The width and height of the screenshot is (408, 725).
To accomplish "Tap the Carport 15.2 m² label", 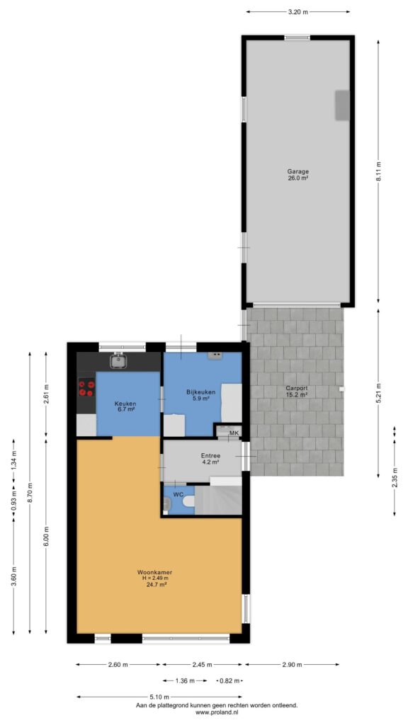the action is [x=297, y=392].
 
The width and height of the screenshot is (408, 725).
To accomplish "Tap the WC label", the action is [x=178, y=494].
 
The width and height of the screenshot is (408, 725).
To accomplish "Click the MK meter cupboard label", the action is [x=234, y=433].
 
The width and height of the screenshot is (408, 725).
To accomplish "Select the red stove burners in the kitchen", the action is [x=86, y=389].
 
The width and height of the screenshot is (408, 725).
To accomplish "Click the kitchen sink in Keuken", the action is [x=119, y=360].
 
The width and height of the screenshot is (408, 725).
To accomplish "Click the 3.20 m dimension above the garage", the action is [x=298, y=12].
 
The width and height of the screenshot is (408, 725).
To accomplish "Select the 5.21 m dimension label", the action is [x=378, y=392].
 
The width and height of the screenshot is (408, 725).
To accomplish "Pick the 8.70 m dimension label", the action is [x=30, y=492].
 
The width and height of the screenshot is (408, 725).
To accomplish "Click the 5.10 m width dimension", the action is [x=159, y=697].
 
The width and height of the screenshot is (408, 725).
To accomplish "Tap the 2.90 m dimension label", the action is [x=292, y=665].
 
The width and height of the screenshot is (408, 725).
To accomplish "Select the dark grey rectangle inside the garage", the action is [x=342, y=106].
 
